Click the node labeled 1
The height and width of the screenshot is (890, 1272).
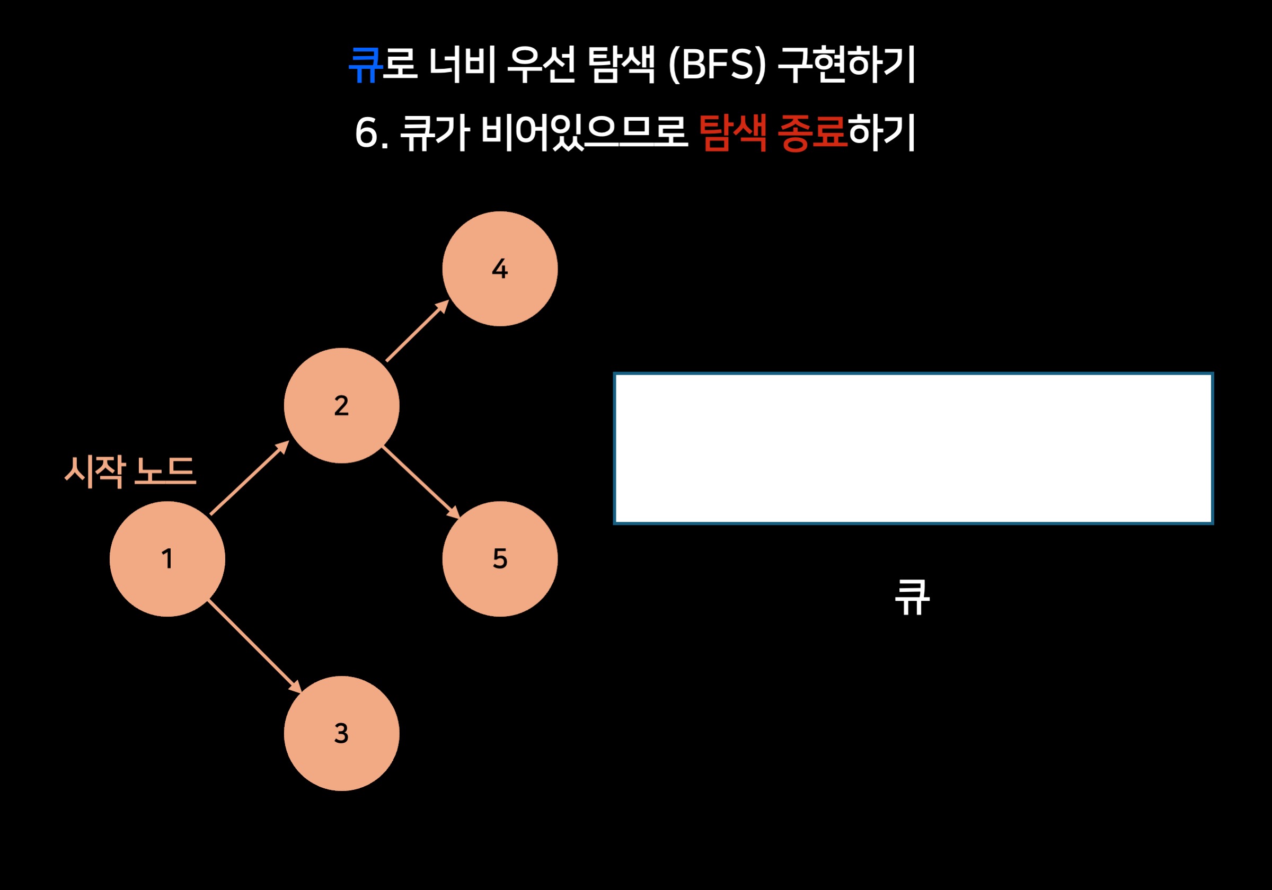coord(167,559)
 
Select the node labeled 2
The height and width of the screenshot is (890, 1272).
coord(341,405)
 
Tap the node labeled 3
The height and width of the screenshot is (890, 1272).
coord(341,733)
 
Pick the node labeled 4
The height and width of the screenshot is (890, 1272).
coord(500,269)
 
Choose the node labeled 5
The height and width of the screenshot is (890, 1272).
coord(500,559)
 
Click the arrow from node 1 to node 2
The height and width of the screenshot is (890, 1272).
coord(249,478)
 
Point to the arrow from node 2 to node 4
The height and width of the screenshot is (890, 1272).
coord(417,331)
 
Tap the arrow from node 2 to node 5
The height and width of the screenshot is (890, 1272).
coord(421,483)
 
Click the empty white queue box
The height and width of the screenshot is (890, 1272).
coord(913,448)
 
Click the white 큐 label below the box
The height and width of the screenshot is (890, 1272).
coord(912,597)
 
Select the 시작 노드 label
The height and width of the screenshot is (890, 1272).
coord(131,471)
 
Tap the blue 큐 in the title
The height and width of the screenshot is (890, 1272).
coord(365,65)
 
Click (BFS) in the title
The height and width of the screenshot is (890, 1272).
coord(718,65)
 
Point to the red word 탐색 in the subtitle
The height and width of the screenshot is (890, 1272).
coord(732,133)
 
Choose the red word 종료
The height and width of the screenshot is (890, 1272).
coord(812,133)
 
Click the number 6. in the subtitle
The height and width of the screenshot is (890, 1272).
coord(371,133)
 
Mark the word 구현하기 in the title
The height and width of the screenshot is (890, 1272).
coord(846,65)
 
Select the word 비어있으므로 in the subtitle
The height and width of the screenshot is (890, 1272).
coord(584,133)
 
